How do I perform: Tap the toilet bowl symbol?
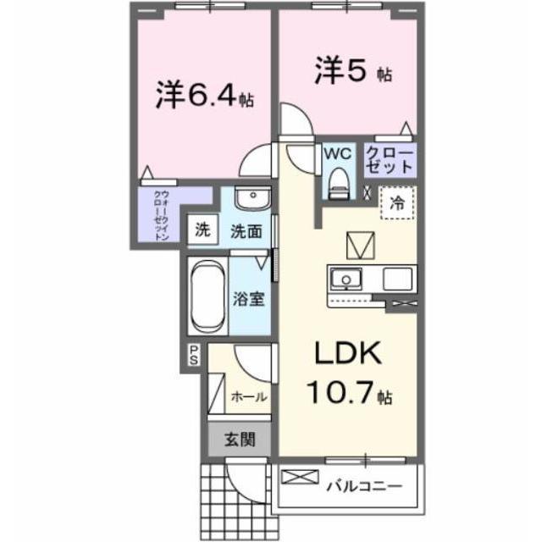(x=340, y=181)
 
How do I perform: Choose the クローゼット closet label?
(x=390, y=160)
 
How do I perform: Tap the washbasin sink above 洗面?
(x=250, y=200)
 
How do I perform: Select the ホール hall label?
(x=249, y=396)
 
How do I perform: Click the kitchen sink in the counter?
(x=346, y=278)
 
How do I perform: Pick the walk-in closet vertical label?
(x=161, y=215)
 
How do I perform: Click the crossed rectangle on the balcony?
(x=301, y=479)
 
